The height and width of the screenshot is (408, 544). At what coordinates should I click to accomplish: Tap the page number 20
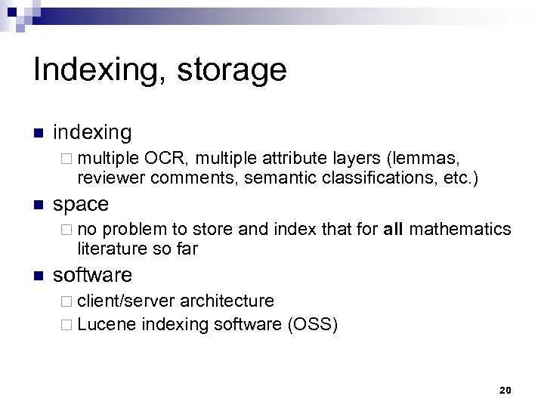coord(505,390)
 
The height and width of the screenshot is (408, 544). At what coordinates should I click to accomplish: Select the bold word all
coord(394,228)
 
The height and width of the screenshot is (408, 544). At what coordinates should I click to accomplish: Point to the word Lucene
coord(107,326)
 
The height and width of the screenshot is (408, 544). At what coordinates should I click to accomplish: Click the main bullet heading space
coord(81,204)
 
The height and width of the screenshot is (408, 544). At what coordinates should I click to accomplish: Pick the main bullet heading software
coord(92,274)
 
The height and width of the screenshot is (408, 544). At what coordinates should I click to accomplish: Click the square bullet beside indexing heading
coord(39,134)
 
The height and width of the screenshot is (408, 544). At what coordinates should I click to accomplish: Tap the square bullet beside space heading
coord(39,205)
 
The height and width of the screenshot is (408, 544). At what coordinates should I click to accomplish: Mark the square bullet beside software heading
coord(39,275)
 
